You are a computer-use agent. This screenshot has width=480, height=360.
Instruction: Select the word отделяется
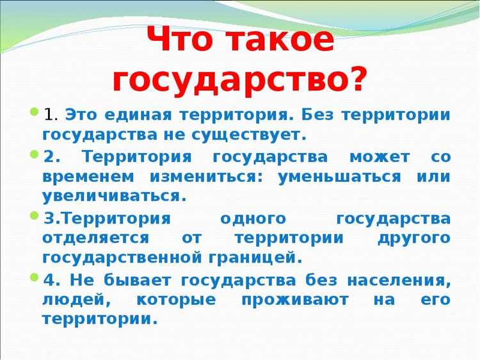pyautogui.click(x=96, y=238)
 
